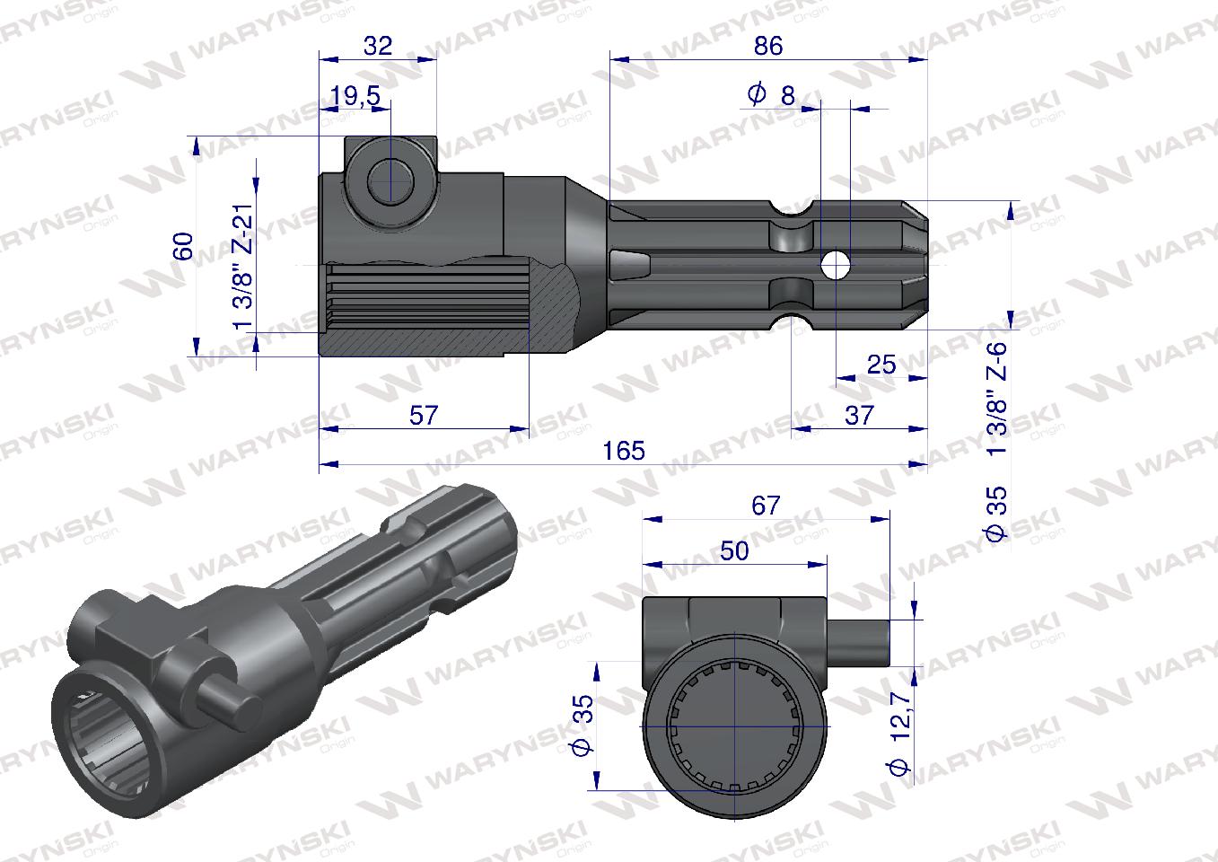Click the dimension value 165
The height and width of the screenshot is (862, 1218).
pyautogui.click(x=624, y=450)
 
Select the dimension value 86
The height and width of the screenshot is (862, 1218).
pyautogui.click(x=768, y=46)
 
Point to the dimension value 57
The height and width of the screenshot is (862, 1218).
pyautogui.click(x=424, y=415)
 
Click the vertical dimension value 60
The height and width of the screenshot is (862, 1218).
pyautogui.click(x=182, y=246)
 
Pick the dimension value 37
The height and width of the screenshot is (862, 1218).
pyautogui.click(x=859, y=415)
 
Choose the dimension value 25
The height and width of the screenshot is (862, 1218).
pyautogui.click(x=881, y=364)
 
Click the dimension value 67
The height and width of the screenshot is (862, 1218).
pyautogui.click(x=766, y=506)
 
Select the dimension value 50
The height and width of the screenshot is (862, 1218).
pyautogui.click(x=734, y=550)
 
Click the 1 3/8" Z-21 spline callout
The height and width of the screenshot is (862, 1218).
pyautogui.click(x=241, y=268)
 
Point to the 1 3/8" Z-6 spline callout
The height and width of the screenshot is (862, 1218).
pyautogui.click(x=997, y=399)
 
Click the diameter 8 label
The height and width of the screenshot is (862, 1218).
pyautogui.click(x=771, y=93)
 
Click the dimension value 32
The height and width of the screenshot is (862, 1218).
pyautogui.click(x=379, y=46)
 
